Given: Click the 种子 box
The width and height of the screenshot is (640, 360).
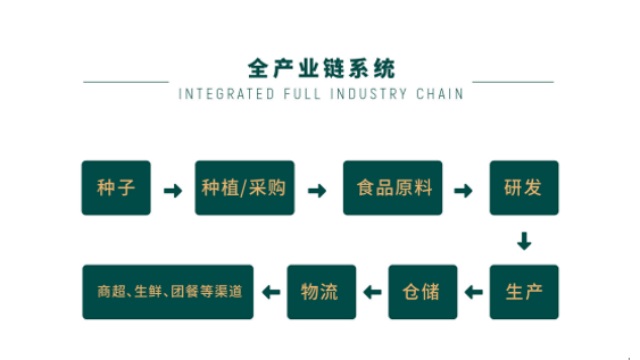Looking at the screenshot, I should click(116, 188).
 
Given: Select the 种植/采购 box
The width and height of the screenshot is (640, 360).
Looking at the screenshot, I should click(245, 188).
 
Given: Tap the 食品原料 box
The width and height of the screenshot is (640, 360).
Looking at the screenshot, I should click(393, 188).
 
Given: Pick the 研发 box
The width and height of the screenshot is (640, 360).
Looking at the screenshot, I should click(524, 188).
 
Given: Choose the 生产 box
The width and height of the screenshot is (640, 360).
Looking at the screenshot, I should click(524, 292).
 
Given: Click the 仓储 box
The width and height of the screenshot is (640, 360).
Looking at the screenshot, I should click(422, 292).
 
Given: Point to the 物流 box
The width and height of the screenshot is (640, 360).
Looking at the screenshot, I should click(320, 292).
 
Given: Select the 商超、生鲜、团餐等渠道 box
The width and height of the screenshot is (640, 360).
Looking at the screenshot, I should click(169, 292).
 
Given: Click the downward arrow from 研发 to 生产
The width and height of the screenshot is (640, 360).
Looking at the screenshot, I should click(524, 241).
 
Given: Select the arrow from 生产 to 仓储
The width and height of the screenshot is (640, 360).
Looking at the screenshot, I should click(473, 293).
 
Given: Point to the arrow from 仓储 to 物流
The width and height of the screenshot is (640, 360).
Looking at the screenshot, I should click(372, 293).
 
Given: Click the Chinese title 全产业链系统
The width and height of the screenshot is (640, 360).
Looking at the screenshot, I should click(321, 68).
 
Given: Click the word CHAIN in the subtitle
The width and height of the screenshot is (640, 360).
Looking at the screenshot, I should click(443, 95).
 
